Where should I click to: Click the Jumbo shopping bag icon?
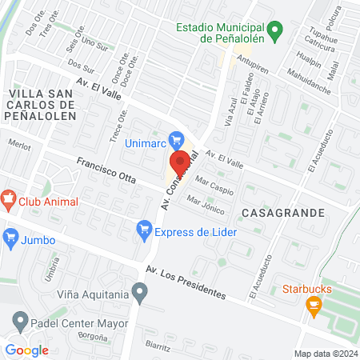10,236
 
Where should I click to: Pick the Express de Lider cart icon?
144,232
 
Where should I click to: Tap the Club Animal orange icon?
9,199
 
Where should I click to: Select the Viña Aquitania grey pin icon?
141,294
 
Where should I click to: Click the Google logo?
26,350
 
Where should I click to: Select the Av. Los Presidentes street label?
185,280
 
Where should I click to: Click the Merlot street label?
18,146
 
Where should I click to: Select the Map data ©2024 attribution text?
324,353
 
